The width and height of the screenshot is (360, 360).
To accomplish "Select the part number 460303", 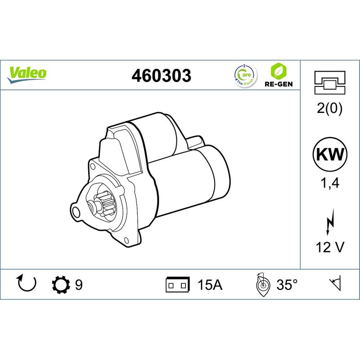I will [x=161, y=75].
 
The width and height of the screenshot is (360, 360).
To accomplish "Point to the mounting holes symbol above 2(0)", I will [x=330, y=83].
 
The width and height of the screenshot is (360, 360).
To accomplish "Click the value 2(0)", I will [x=330, y=109].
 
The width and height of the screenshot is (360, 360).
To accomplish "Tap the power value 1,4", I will [x=330, y=183].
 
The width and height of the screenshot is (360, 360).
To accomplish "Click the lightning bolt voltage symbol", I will [x=330, y=222].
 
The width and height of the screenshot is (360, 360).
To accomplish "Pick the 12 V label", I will [x=330, y=247].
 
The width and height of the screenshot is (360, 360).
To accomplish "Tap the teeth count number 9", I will [x=79, y=285].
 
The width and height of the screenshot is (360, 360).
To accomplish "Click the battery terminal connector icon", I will [x=177, y=285].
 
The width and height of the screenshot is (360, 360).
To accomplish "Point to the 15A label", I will [x=210, y=285].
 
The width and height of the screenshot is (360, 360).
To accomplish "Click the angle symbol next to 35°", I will [x=261, y=284].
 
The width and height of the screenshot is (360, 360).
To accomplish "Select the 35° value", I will [x=287, y=285].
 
